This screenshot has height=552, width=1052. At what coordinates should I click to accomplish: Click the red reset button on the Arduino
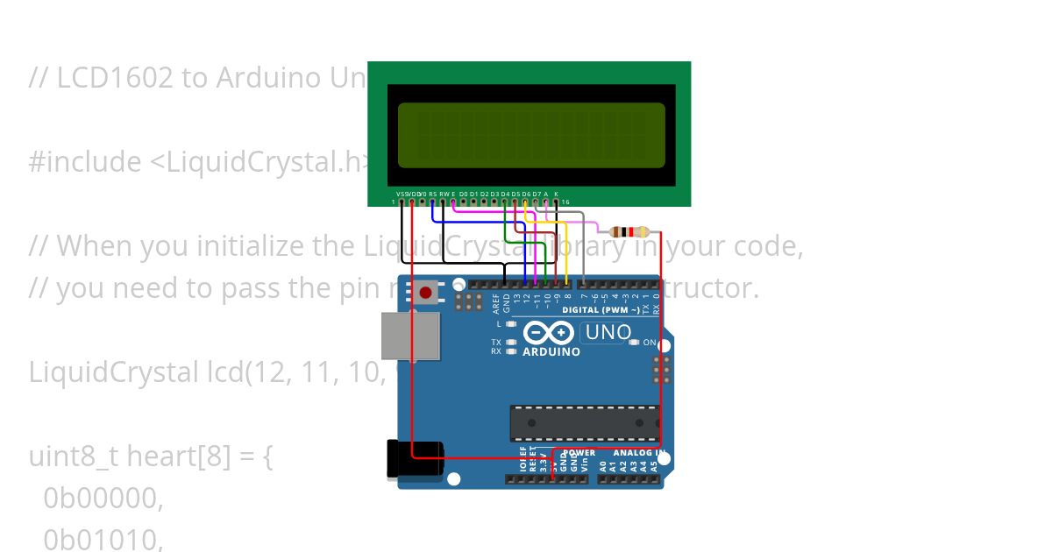click(x=426, y=293)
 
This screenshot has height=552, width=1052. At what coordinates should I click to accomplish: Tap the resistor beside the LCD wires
click(x=629, y=232)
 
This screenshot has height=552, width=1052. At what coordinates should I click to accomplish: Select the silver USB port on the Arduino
click(x=409, y=336)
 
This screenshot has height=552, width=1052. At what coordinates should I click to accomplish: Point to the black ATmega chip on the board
click(x=584, y=423)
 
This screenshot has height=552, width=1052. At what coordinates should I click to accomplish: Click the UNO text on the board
click(x=608, y=332)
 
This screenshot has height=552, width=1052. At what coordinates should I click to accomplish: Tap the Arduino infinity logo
click(x=549, y=333)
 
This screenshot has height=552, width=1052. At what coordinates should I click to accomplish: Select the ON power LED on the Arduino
click(x=634, y=343)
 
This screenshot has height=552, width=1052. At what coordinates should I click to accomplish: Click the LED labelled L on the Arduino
click(x=510, y=324)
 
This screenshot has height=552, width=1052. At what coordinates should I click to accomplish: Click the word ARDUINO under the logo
click(x=551, y=352)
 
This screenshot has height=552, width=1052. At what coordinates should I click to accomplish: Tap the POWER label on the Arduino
click(x=579, y=453)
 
